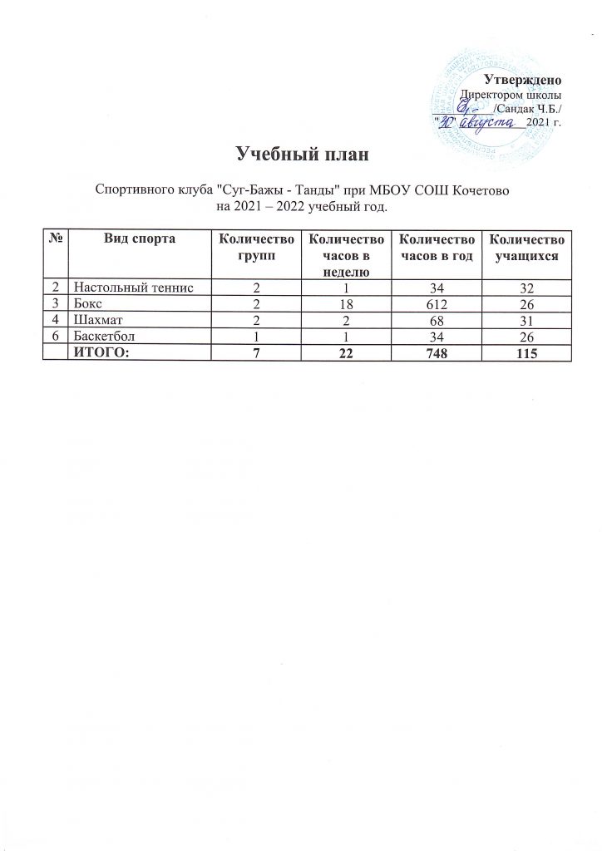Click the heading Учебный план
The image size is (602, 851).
(302, 155)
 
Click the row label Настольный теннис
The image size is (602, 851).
(132, 287)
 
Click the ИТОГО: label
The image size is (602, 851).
(103, 354)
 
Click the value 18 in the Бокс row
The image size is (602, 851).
(345, 303)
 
